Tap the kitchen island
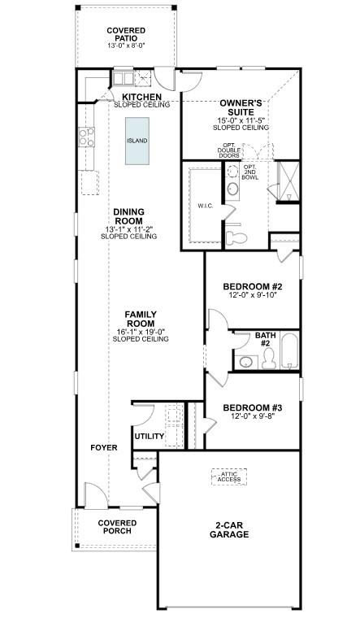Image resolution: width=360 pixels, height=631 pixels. (x=137, y=141)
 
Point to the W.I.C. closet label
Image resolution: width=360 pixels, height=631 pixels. (x=205, y=206)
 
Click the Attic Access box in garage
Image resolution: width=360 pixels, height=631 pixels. (x=230, y=477)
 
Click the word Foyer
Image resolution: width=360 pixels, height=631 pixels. (x=104, y=448)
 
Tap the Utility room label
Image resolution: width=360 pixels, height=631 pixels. (x=150, y=437)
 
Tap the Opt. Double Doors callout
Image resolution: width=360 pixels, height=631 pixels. (x=230, y=151)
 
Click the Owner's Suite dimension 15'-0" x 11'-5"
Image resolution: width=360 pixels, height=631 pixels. (x=241, y=120)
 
